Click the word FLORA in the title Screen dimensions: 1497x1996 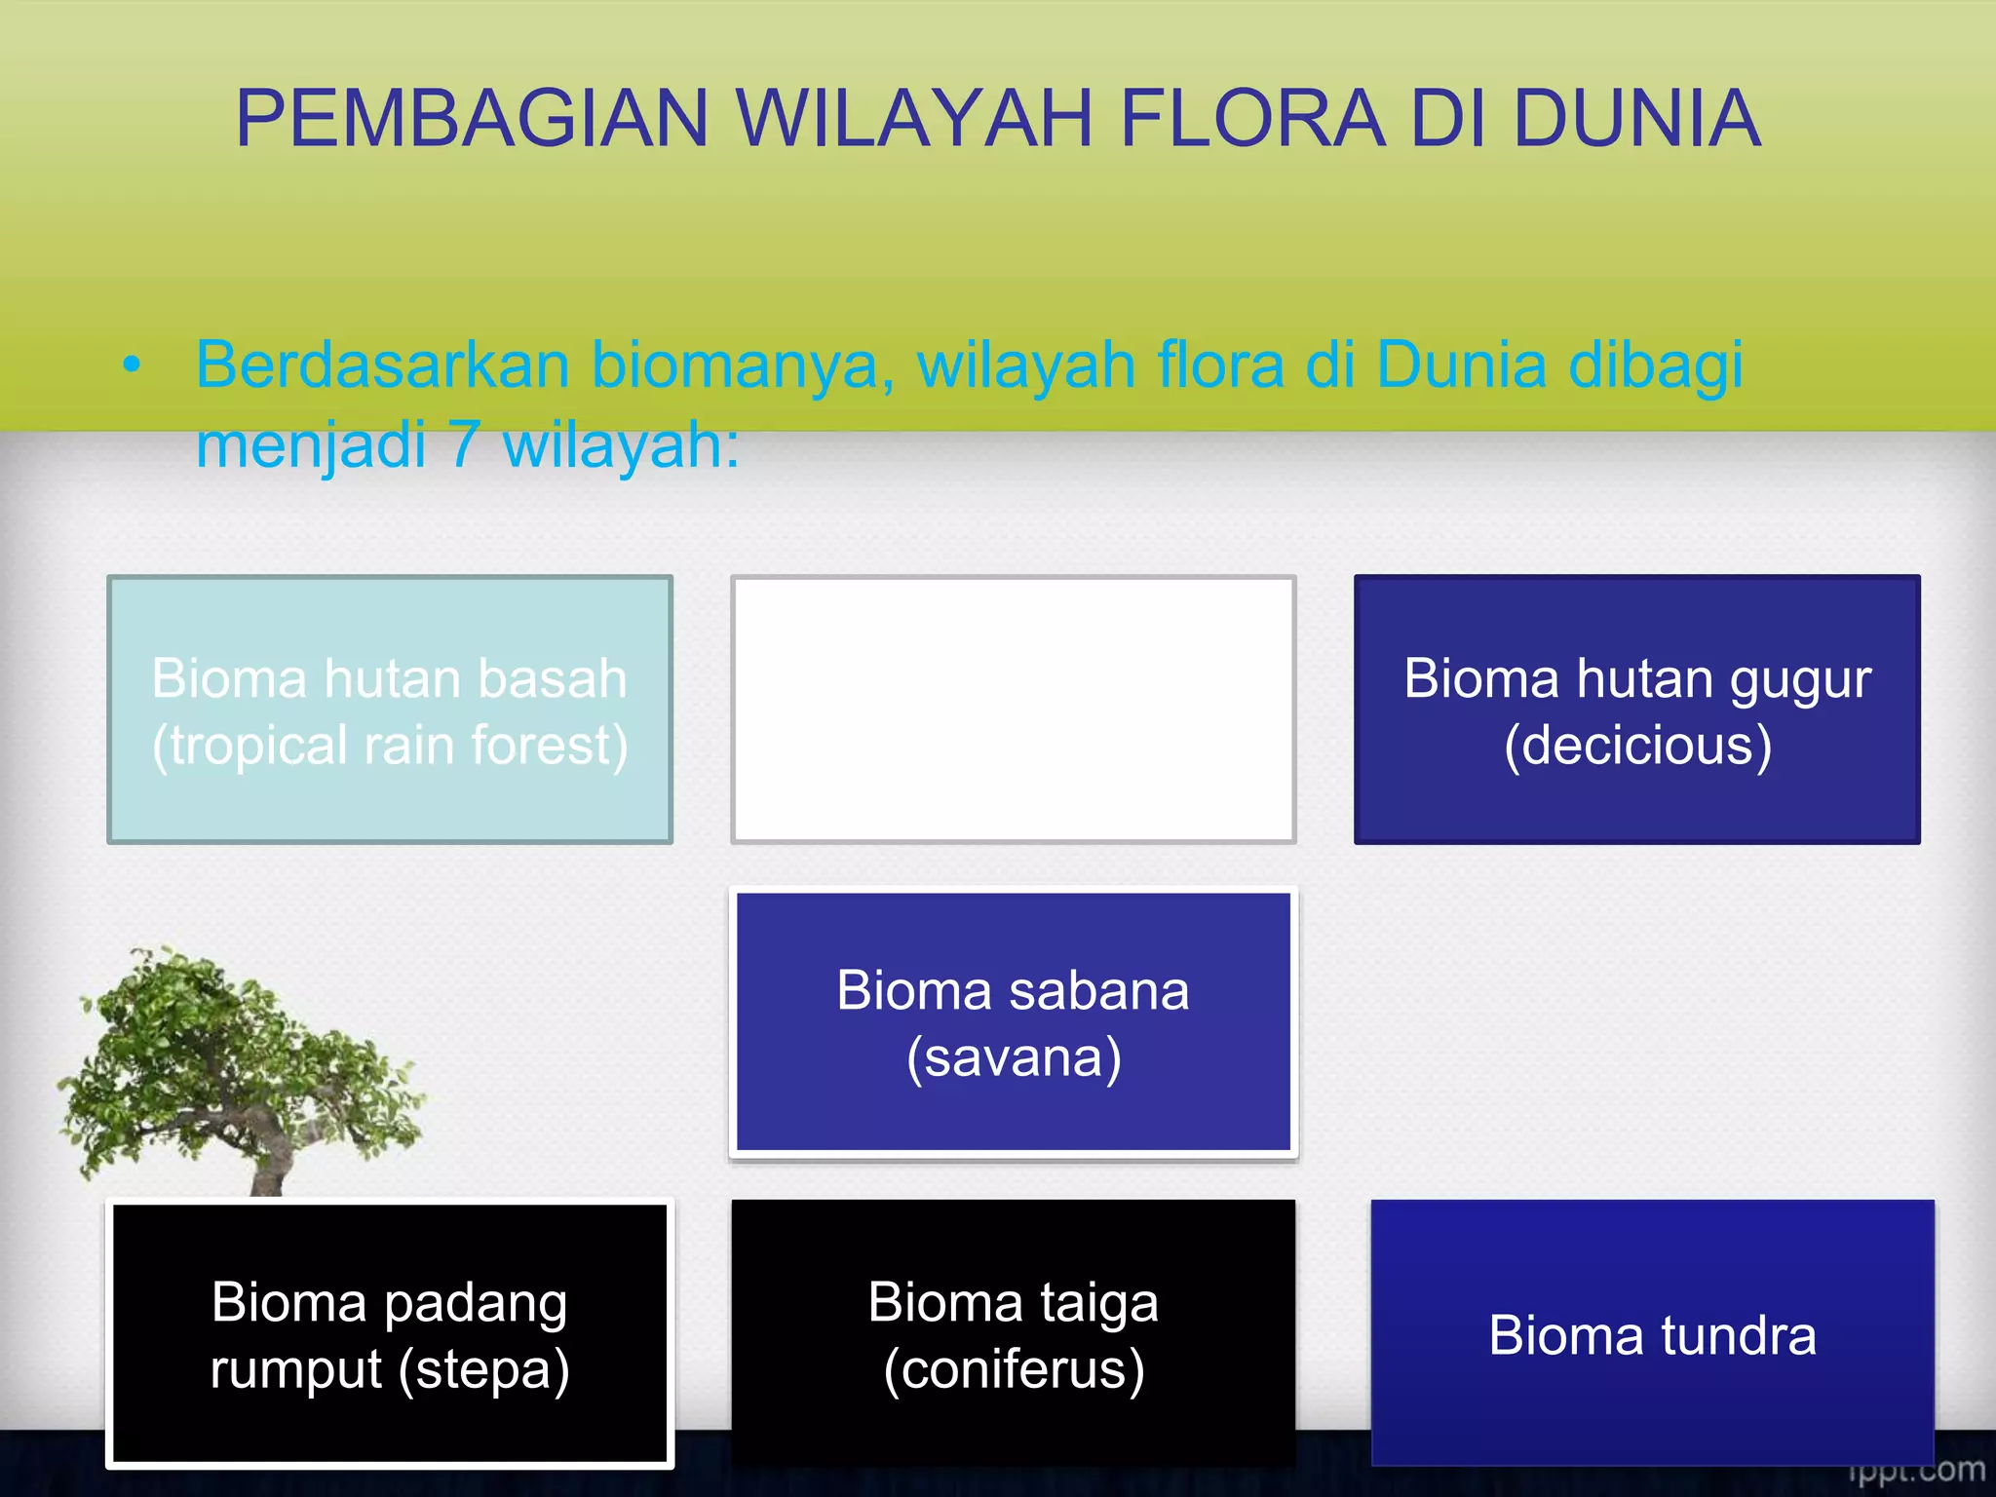[1251, 119]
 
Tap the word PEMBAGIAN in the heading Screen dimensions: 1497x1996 [472, 119]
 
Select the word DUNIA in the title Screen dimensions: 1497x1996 [1636, 119]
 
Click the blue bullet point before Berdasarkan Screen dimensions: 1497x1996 [132, 366]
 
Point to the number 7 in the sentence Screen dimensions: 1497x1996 [466, 444]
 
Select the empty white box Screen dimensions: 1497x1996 [1013, 710]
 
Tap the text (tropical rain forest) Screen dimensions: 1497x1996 [389, 746]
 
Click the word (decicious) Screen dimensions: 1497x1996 [1636, 746]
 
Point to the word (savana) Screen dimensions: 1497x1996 [1013, 1058]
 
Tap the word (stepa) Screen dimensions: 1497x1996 [483, 1369]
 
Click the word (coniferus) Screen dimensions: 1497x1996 [1013, 1369]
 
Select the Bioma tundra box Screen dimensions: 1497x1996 [1652, 1333]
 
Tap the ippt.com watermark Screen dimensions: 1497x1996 [1915, 1471]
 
